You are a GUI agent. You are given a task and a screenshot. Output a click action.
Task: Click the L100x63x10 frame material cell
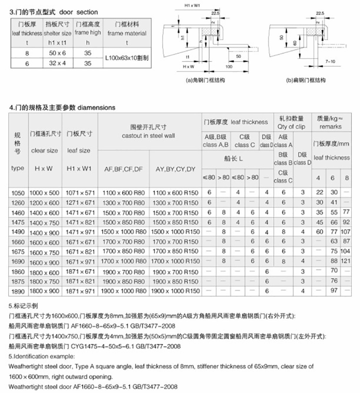pos(127,57)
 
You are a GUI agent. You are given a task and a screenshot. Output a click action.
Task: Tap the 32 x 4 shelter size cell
pos(58,62)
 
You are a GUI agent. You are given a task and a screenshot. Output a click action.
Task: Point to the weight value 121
pos(345,261)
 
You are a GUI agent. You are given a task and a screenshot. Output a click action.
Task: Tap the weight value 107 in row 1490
pos(345,232)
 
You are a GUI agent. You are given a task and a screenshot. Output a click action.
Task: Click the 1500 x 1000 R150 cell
pos(175,232)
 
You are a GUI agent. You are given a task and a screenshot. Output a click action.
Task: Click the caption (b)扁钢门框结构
pos(305,80)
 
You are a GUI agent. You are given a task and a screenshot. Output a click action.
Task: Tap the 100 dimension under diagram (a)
pos(229,66)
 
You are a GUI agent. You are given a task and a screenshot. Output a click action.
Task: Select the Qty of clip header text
pos(291,127)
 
